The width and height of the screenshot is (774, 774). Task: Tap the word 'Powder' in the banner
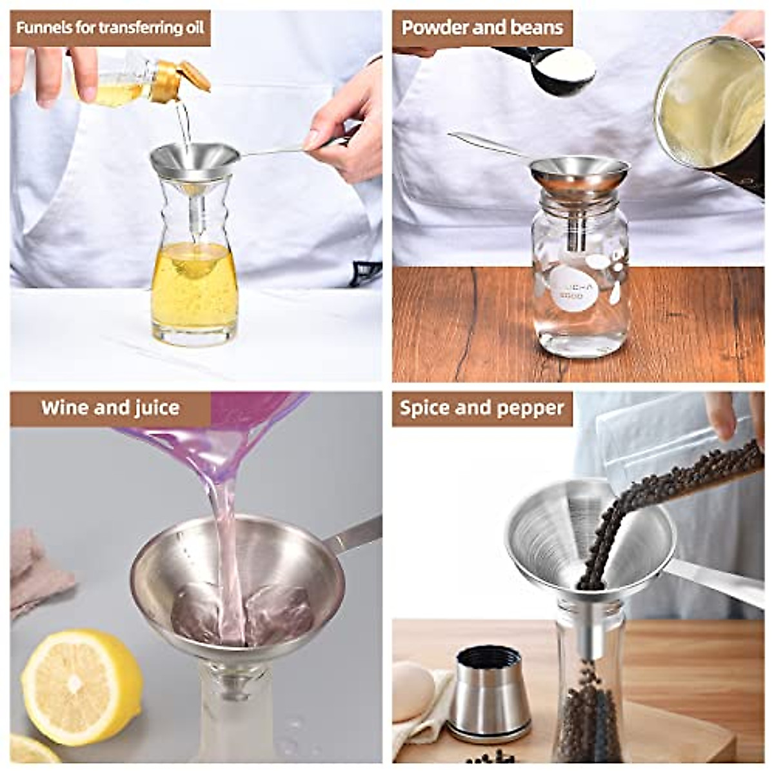(x=435, y=27)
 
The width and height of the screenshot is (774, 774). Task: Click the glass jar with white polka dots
(x=580, y=284)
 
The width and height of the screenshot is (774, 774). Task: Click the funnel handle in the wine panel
(x=352, y=536)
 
